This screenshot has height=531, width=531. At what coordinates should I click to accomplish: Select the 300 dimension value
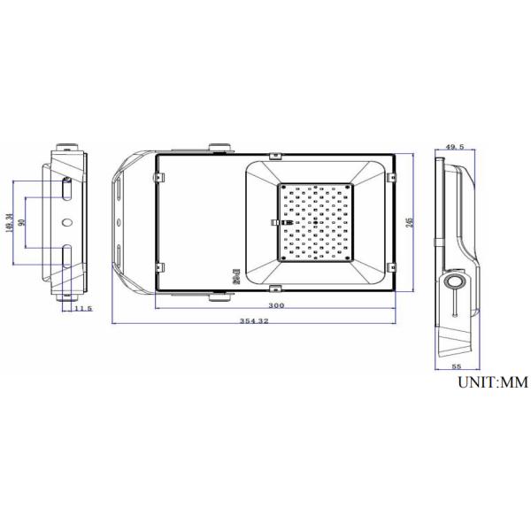click(x=277, y=305)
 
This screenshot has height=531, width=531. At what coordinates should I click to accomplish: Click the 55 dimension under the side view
click(x=458, y=365)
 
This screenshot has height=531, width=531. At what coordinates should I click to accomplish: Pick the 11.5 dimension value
click(x=83, y=308)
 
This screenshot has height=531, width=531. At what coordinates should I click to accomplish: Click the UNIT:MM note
click(x=492, y=383)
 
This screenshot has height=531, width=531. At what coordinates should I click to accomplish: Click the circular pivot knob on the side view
click(x=455, y=282)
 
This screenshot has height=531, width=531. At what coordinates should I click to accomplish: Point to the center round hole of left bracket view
click(x=67, y=222)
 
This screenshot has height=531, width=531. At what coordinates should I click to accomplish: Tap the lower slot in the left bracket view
click(x=67, y=255)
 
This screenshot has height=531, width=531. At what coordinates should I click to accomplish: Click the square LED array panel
click(x=316, y=222)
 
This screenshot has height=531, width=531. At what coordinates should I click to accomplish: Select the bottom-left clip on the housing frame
click(x=160, y=265)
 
